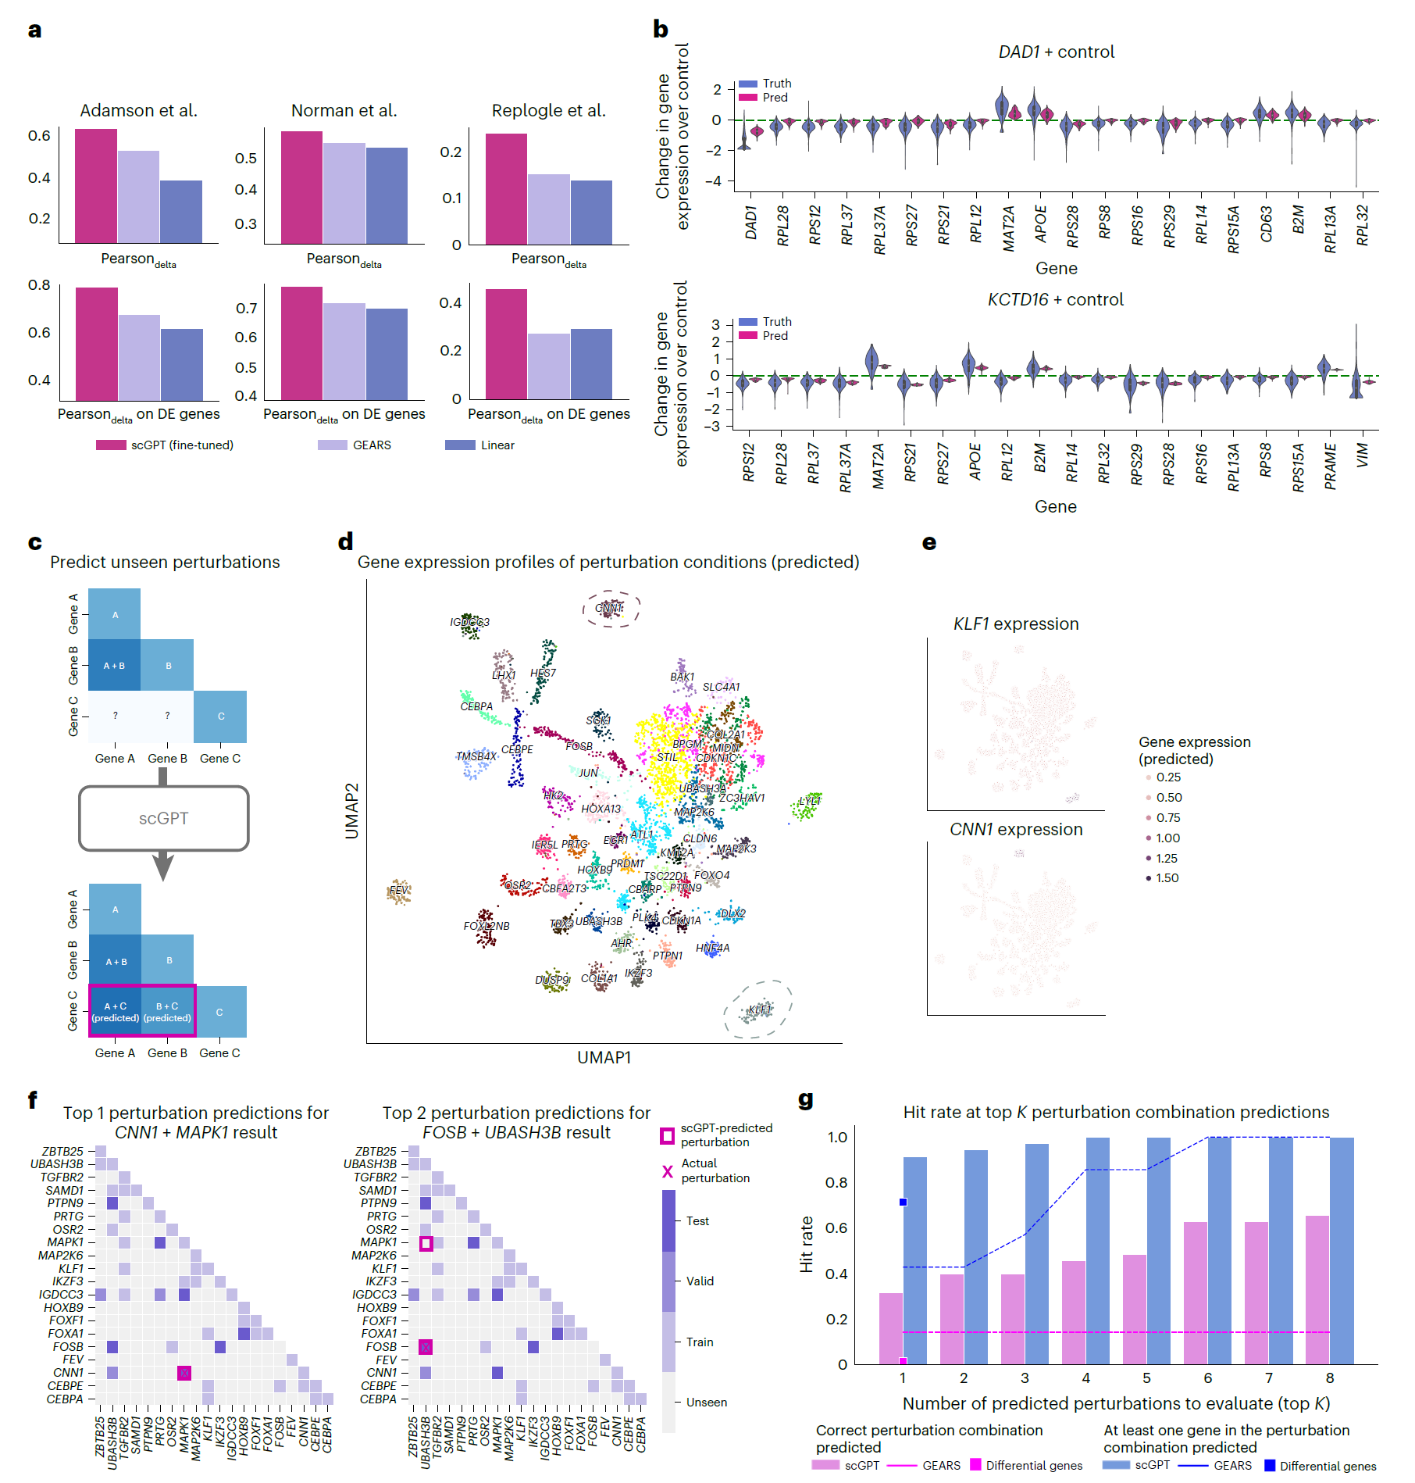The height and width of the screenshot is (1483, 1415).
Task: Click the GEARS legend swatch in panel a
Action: point(332,445)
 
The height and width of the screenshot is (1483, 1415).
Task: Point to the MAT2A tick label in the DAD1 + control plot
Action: point(1008,228)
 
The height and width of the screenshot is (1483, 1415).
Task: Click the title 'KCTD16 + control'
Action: point(1055,299)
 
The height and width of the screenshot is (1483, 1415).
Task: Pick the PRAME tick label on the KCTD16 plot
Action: point(1331,466)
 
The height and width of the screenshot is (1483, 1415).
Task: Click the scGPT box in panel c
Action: point(163,818)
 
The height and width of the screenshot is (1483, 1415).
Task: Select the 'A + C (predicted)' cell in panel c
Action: point(116,1011)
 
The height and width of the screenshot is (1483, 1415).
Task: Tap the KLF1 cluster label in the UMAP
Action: point(760,1010)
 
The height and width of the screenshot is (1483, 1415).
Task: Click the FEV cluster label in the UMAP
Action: point(398,890)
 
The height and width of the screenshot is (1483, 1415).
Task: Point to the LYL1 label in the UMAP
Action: point(810,801)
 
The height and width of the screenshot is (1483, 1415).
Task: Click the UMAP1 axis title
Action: point(604,1057)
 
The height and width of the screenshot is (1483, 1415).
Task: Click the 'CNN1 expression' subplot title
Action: point(1016,829)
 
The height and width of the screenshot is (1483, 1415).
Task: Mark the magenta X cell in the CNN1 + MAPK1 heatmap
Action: point(184,1373)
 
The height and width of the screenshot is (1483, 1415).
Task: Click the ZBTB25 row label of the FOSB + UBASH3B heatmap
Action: point(376,1151)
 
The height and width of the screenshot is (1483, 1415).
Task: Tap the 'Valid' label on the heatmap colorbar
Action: point(700,1281)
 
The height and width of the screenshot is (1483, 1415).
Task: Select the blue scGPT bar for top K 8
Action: point(1342,1251)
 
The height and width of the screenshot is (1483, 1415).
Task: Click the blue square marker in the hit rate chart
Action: point(903,1202)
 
